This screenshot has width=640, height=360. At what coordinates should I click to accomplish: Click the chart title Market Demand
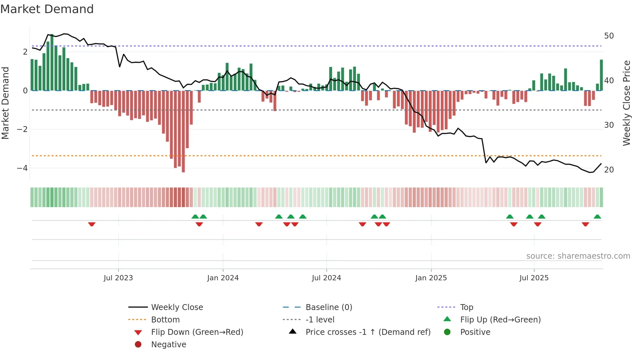tap(47, 9)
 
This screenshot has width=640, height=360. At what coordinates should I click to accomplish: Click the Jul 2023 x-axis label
tap(118, 278)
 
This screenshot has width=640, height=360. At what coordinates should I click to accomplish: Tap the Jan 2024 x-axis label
tap(223, 278)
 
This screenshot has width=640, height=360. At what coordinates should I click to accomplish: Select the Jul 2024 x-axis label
tap(326, 278)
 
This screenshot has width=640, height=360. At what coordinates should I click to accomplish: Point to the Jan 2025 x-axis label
tap(431, 278)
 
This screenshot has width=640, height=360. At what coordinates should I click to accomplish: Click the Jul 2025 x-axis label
tap(534, 278)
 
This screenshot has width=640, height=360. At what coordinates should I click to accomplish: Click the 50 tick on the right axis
tap(609, 36)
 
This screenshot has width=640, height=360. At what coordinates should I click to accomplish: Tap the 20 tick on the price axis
tap(609, 170)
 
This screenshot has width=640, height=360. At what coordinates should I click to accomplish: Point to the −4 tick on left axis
tap(22, 168)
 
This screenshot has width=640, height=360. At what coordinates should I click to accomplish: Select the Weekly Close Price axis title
tap(626, 103)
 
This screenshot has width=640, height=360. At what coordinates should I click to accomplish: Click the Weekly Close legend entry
tap(177, 307)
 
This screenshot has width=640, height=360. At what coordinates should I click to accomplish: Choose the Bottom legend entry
tap(165, 320)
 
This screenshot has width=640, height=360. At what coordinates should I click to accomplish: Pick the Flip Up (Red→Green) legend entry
tap(500, 320)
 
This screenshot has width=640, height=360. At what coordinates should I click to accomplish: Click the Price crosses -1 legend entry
tap(368, 332)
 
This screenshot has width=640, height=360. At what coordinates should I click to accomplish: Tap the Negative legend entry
tap(168, 345)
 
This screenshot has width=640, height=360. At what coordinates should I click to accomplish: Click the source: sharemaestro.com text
tap(578, 256)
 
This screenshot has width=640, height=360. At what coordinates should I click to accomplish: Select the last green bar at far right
tap(601, 75)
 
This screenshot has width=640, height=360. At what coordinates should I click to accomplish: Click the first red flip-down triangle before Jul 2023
tap(92, 224)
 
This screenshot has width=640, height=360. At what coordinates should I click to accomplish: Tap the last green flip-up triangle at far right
tap(597, 217)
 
